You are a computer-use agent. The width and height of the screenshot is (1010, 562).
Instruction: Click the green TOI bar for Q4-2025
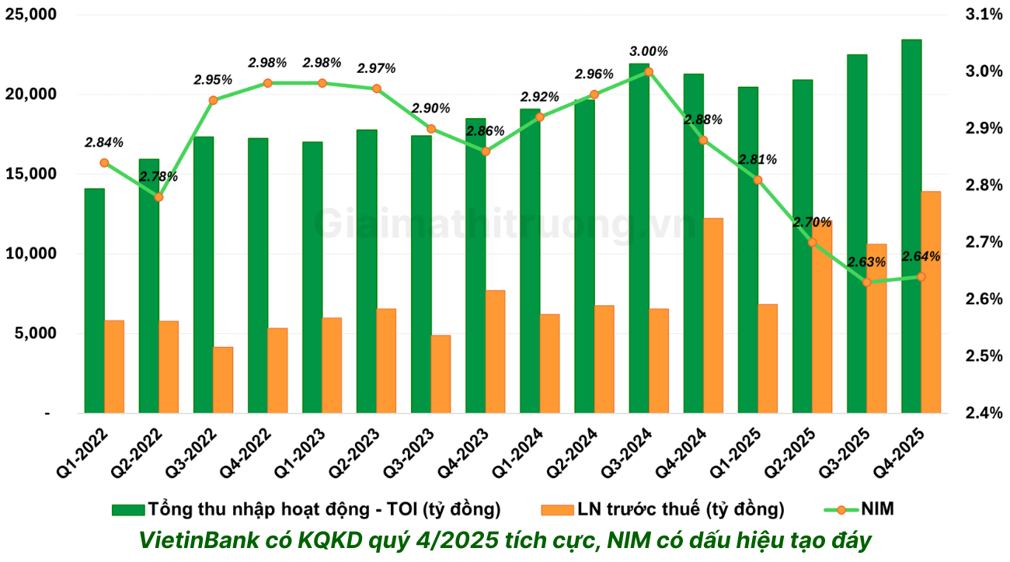click(911, 225)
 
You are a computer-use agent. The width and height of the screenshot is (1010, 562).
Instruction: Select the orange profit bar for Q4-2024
click(712, 315)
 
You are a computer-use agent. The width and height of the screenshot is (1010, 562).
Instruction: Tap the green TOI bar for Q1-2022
click(94, 300)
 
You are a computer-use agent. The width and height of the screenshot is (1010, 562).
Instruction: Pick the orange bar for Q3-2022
click(223, 380)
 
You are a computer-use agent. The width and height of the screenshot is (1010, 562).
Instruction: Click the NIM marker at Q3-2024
click(649, 71)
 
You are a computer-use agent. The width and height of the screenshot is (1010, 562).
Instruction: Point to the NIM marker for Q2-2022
click(158, 197)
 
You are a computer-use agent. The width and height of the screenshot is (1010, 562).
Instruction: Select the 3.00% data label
click(649, 51)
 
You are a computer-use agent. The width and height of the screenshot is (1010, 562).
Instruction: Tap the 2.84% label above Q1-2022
click(104, 142)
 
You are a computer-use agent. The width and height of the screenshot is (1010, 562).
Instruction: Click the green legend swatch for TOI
click(128, 509)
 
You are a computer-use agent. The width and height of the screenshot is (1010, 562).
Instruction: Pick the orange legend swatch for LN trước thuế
click(555, 509)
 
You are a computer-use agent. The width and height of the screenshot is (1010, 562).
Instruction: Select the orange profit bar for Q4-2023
click(495, 352)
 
